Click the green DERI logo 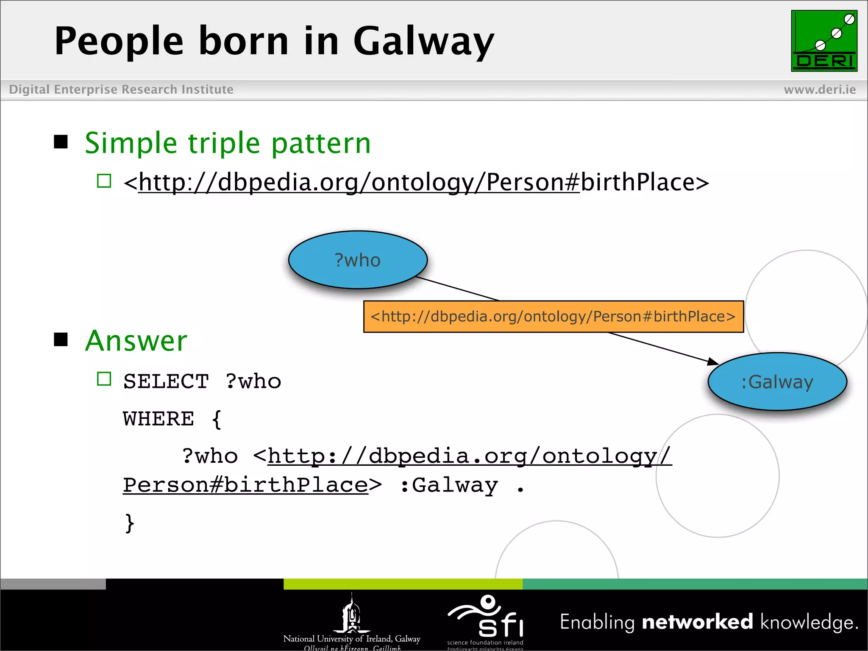point(824,41)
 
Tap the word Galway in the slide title point(424,42)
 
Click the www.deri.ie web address point(820,89)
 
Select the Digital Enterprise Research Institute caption point(121,89)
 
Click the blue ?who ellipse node point(358,260)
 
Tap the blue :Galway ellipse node point(777,382)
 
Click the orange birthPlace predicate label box point(553,317)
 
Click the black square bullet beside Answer point(61,339)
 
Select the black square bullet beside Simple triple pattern point(61,142)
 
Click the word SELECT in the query point(166,381)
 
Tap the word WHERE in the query point(159,419)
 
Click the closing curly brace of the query point(130,523)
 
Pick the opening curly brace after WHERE point(217,420)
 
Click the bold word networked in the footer point(697,622)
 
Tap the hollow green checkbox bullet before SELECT point(104,379)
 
